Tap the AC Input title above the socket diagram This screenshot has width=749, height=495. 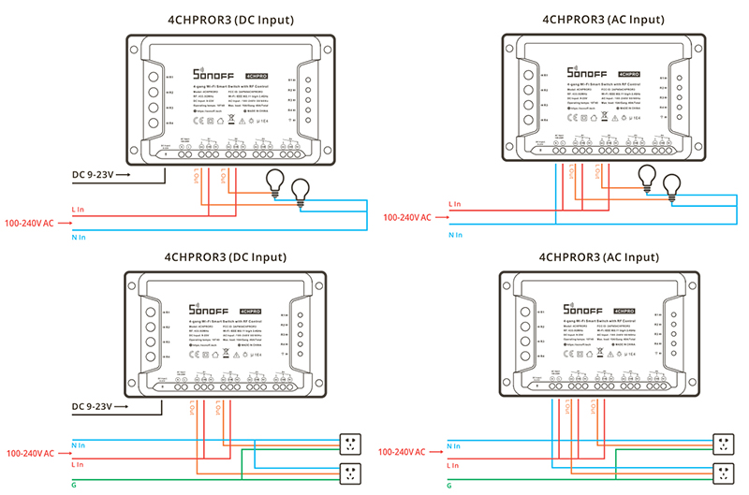coord(601,256)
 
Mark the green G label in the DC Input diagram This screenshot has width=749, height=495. coord(74,485)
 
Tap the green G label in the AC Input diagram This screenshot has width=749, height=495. coord(451,485)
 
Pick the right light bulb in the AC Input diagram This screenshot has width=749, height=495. coord(671,186)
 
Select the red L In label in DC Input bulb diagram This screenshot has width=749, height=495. coord(79,210)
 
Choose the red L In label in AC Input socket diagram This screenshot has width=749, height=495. coord(454,464)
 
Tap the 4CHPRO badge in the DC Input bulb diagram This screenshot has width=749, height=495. coord(257,74)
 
